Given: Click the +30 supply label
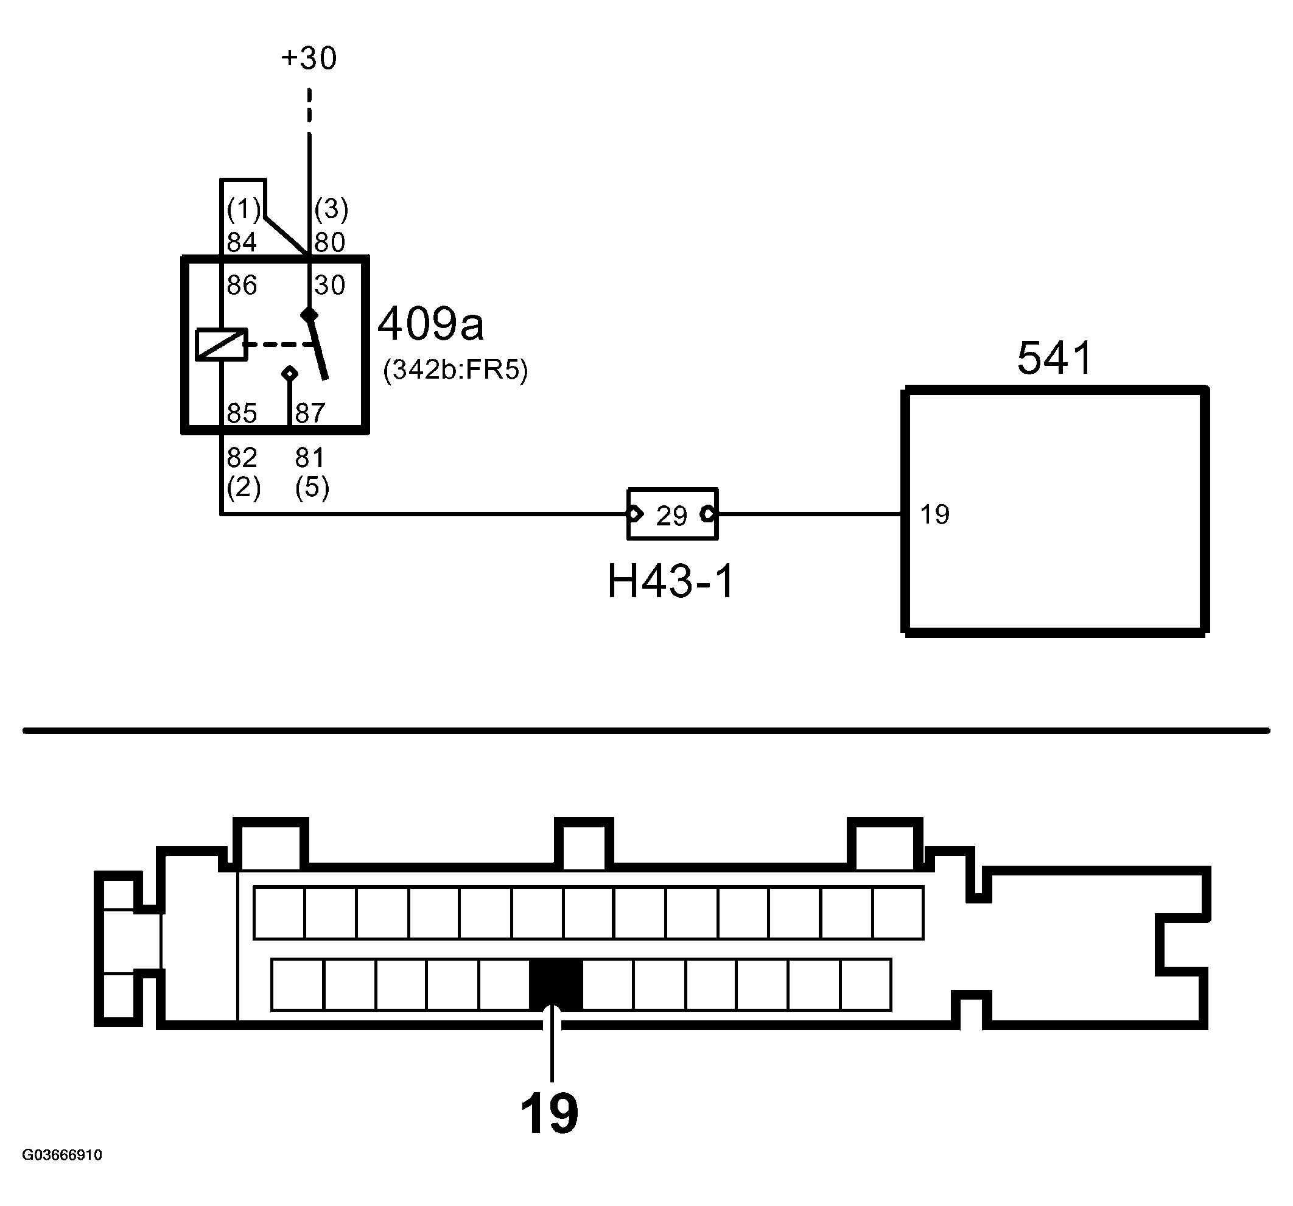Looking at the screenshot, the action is point(309,58).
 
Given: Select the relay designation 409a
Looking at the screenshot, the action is point(430,324).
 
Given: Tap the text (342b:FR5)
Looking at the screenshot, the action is point(455,370).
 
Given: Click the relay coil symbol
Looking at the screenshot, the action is point(221,344).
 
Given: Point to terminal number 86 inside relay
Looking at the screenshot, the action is point(242,285).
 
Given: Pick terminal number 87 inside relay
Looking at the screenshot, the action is point(310,413).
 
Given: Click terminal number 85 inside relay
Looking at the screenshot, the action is point(242,413).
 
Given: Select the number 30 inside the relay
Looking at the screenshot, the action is point(330,285).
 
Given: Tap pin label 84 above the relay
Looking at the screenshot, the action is point(242,243).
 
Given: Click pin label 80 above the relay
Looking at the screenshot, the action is point(330,243).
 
